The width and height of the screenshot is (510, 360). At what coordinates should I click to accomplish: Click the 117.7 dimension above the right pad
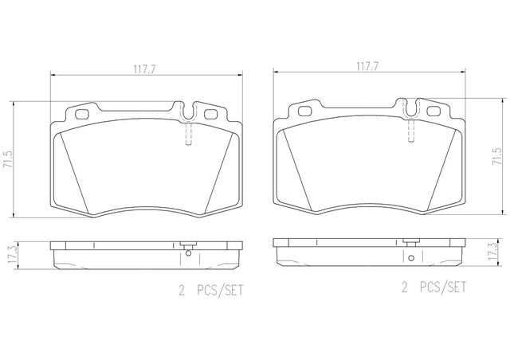click(367, 67)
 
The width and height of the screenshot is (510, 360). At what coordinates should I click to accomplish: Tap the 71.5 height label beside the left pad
click(7, 159)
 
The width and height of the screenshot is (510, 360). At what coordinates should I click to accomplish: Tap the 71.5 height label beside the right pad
click(499, 157)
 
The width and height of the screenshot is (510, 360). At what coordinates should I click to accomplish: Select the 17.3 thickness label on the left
click(12, 255)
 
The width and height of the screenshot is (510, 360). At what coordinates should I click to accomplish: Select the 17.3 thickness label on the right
click(493, 250)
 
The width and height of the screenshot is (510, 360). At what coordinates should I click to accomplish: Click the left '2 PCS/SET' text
click(210, 291)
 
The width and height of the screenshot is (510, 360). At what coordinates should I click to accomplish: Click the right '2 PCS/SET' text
click(433, 288)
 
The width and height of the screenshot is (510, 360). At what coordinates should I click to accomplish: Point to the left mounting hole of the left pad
click(81, 115)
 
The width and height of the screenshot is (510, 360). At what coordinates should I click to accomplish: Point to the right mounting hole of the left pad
click(210, 114)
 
